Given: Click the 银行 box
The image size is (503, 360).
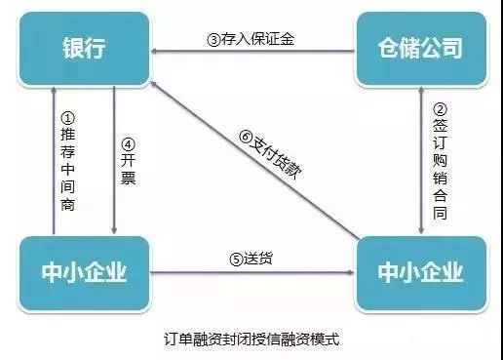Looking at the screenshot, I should (x=84, y=48).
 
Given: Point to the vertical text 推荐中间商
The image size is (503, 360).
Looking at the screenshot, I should (x=67, y=166).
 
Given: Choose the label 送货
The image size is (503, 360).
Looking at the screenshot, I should (x=251, y=260).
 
